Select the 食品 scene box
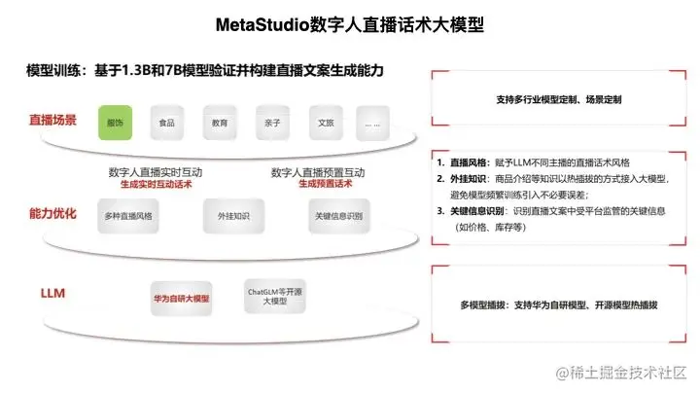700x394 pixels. [x=167, y=124]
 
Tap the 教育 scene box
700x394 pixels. [x=220, y=124]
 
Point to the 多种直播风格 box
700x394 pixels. [x=131, y=216]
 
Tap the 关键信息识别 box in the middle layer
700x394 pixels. [x=337, y=216]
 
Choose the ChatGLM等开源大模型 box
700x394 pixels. [x=272, y=296]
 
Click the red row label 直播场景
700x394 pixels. [x=52, y=121]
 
